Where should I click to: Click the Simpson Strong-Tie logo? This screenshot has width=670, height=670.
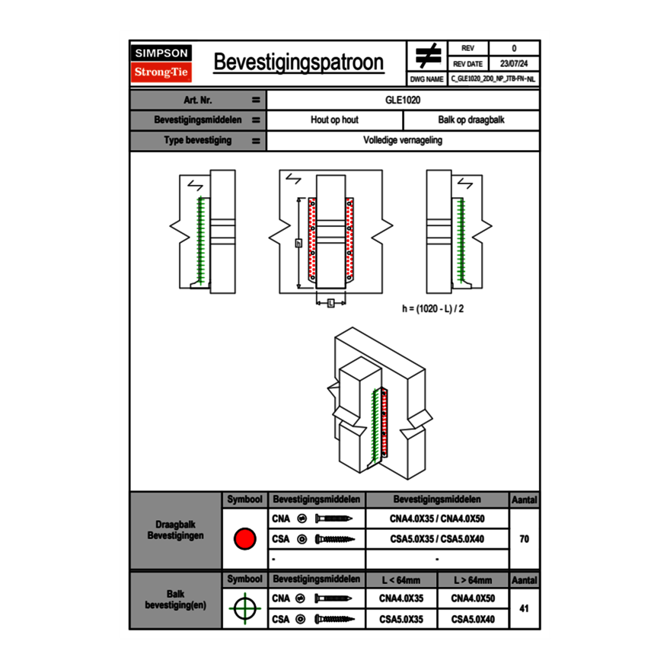[x=162, y=63]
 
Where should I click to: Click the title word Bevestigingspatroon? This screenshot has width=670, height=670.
[x=298, y=62]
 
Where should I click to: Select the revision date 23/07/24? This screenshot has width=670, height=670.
[x=514, y=63]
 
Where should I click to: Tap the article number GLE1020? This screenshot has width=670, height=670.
[x=403, y=100]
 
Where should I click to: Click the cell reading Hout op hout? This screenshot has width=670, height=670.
[x=334, y=120]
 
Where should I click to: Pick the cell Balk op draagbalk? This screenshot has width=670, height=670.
[x=471, y=120]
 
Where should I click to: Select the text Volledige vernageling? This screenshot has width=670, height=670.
[x=403, y=141]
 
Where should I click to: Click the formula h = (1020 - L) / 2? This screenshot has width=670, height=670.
[x=433, y=309]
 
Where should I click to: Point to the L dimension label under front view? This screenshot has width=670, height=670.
[x=330, y=303]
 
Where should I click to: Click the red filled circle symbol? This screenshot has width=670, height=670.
[x=244, y=539]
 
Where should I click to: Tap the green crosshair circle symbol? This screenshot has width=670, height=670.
[x=244, y=608]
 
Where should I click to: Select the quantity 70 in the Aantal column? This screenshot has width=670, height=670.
[x=524, y=539]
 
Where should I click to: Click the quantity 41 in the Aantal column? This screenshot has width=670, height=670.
[x=524, y=608]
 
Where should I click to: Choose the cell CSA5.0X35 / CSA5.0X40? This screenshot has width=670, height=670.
[x=437, y=539]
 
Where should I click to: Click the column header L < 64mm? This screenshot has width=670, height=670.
[x=401, y=580]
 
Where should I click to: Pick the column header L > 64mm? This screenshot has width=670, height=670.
[x=473, y=580]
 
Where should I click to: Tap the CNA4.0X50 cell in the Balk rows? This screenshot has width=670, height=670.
[x=473, y=598]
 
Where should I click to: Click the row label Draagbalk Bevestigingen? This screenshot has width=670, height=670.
[x=175, y=531]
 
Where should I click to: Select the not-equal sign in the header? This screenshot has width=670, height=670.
[x=427, y=56]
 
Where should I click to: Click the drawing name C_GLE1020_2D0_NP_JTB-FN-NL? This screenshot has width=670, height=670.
[x=493, y=78]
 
